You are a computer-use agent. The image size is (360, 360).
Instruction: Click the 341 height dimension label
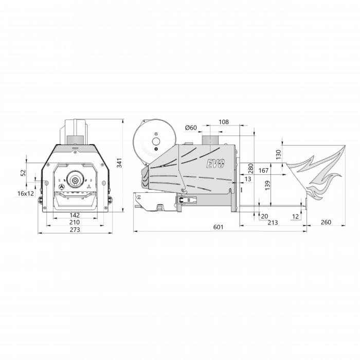[119, 163]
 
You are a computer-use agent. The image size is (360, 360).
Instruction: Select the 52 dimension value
[23, 173]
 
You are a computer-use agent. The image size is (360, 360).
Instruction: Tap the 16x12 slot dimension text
[26, 193]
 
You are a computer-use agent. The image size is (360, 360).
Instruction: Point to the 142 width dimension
[75, 215]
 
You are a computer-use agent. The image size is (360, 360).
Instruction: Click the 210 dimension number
[75, 222]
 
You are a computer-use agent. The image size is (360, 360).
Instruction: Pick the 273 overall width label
[75, 229]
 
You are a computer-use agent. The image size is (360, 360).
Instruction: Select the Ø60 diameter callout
[191, 128]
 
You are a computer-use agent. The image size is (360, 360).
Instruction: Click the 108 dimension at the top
[224, 122]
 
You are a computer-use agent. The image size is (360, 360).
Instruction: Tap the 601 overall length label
[218, 227]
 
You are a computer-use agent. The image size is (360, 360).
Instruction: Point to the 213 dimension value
[273, 223]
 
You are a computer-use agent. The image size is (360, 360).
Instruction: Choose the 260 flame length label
[326, 222]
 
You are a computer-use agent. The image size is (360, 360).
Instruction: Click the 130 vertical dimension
[279, 154]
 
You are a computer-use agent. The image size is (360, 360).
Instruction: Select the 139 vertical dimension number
[267, 186]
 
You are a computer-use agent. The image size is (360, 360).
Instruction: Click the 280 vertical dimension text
[251, 168]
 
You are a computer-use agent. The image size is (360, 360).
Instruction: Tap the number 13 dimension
[248, 179]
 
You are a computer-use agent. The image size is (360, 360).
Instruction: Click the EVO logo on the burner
[215, 164]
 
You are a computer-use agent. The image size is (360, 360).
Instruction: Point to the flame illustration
[316, 173]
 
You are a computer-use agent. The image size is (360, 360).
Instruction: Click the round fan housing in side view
[154, 141]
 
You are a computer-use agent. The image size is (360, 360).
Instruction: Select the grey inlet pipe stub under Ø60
[210, 140]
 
